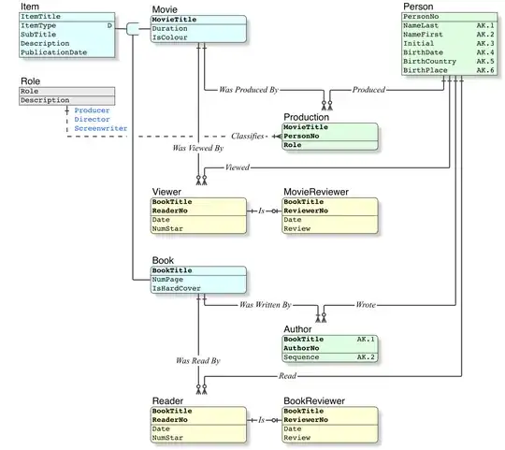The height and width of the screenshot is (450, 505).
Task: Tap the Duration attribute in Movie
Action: (x=170, y=29)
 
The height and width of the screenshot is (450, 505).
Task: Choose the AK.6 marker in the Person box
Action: (x=484, y=71)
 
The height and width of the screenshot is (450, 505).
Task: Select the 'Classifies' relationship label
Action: (x=248, y=136)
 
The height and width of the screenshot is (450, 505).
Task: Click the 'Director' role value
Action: (x=92, y=119)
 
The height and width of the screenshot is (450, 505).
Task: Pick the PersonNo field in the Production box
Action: (x=303, y=137)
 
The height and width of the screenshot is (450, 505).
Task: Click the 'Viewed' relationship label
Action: (x=237, y=168)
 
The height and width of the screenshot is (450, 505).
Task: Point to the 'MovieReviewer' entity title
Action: (x=315, y=192)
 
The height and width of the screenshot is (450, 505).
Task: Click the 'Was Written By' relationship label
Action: (x=266, y=305)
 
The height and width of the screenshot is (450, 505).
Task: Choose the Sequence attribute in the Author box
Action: (x=304, y=357)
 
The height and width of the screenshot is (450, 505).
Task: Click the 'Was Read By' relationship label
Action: (x=197, y=360)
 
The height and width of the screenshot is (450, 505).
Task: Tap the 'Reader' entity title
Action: (x=167, y=400)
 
